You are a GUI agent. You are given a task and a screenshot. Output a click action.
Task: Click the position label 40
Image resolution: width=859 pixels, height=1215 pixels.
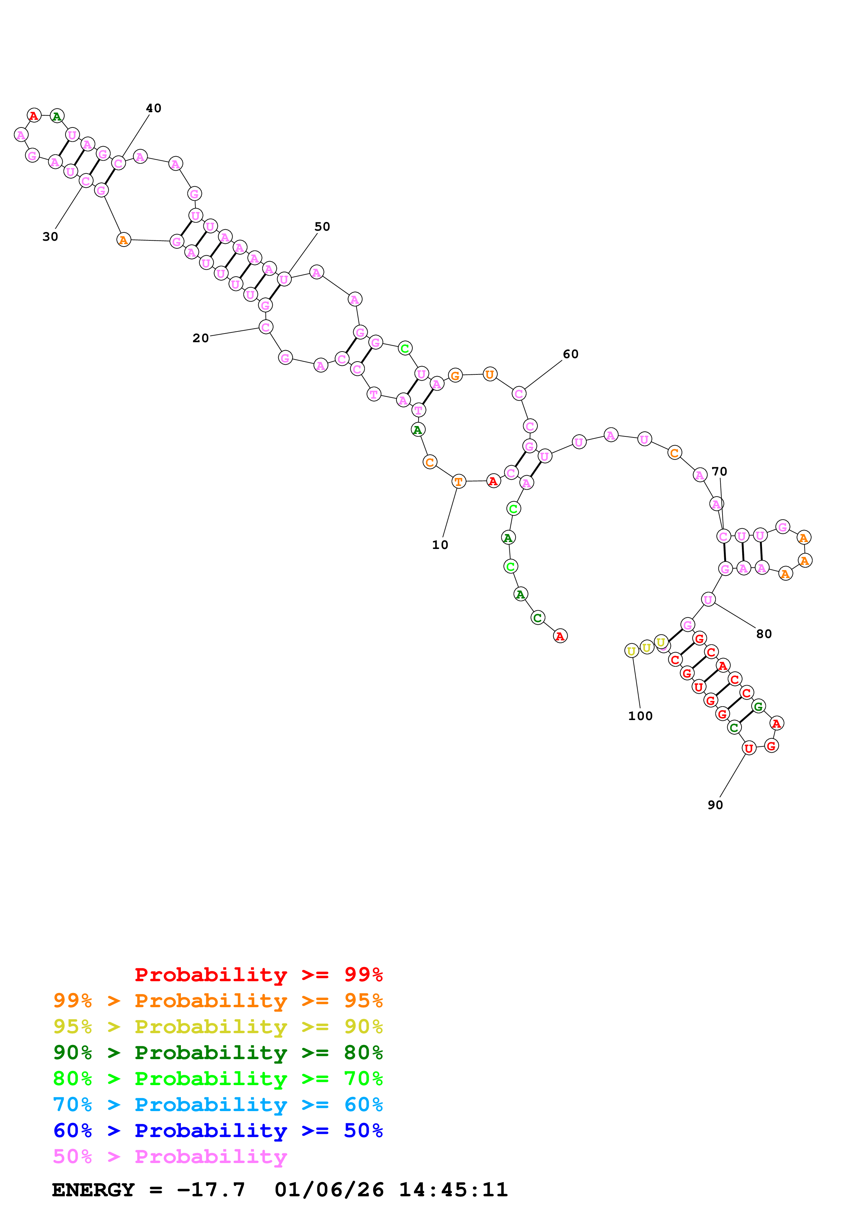click(154, 108)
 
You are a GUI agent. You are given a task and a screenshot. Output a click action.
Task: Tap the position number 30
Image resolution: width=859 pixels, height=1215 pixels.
click(50, 237)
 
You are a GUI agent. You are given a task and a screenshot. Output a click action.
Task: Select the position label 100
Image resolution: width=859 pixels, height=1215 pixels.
click(640, 716)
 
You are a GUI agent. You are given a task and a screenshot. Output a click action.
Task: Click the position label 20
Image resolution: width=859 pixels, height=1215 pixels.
click(201, 338)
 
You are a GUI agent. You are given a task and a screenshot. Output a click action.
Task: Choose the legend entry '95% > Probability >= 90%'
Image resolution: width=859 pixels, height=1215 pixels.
click(218, 1027)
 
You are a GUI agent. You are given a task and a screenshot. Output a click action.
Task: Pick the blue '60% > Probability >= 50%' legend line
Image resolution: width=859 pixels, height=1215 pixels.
click(218, 1130)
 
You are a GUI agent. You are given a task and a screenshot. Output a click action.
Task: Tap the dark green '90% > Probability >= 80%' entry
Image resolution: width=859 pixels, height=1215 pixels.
click(218, 1053)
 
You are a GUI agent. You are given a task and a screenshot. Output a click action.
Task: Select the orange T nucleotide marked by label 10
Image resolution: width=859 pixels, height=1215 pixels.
click(458, 481)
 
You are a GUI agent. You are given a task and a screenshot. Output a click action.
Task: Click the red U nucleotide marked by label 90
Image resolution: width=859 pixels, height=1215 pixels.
click(748, 748)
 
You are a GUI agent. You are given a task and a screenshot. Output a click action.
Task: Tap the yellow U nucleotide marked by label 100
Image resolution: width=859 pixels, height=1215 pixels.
click(631, 650)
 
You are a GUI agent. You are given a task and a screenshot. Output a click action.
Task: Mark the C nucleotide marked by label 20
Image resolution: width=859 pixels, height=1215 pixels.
click(266, 327)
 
